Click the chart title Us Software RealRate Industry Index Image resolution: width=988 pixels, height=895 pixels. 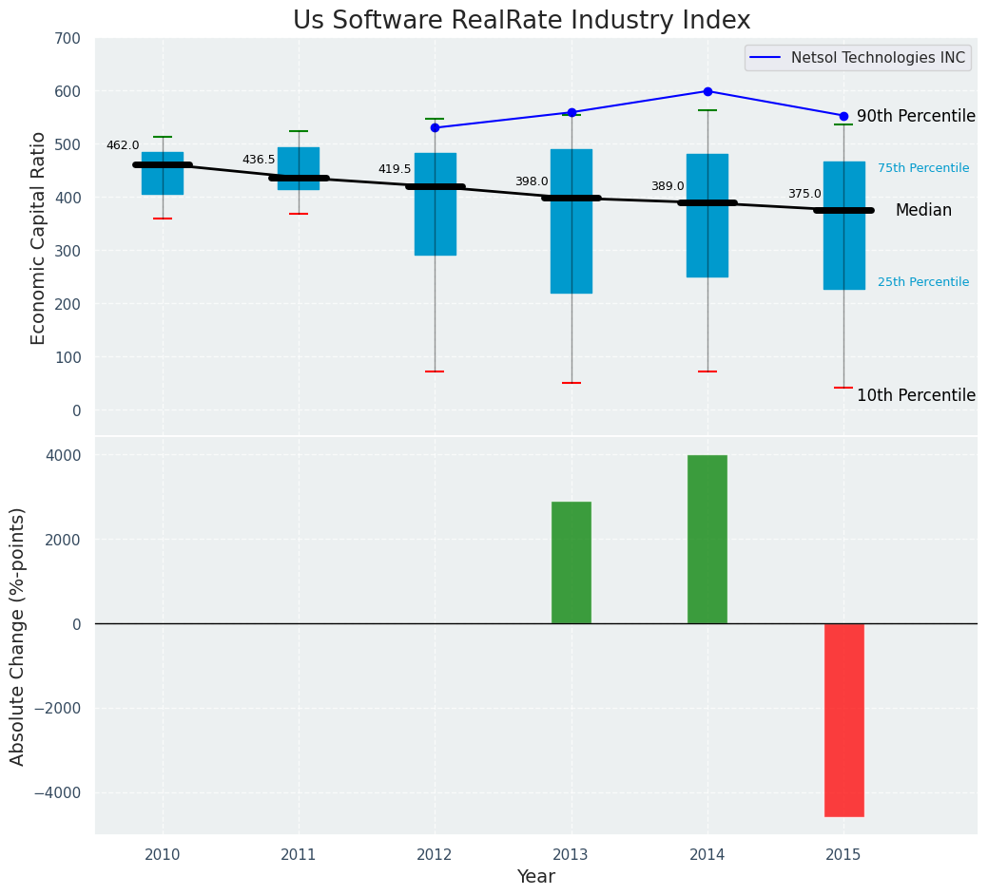[x=521, y=21]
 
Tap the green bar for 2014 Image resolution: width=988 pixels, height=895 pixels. [x=707, y=539]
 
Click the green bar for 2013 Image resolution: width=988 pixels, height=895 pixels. [x=571, y=562]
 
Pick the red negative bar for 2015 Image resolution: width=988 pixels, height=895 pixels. [x=843, y=719]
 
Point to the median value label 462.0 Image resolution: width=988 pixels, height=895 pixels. [x=123, y=145]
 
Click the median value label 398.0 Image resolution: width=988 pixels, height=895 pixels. [x=532, y=181]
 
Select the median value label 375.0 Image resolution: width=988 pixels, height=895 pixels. [x=804, y=194]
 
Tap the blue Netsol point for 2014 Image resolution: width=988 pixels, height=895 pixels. [x=707, y=91]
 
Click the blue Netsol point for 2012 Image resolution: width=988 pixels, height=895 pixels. [x=435, y=127]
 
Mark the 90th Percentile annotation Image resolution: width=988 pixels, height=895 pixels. [x=916, y=116]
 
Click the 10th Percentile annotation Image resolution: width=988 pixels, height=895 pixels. [x=916, y=395]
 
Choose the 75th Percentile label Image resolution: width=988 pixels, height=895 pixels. [x=923, y=168]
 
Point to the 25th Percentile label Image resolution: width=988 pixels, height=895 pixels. [x=923, y=282]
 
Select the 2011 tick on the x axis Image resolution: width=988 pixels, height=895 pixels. [x=299, y=855]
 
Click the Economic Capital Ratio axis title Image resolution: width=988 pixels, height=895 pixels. [x=39, y=238]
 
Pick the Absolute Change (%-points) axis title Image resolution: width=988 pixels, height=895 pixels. [x=18, y=636]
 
